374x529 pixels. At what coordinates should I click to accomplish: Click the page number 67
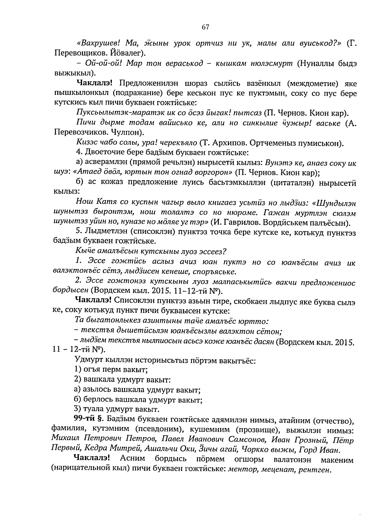(205, 27)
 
